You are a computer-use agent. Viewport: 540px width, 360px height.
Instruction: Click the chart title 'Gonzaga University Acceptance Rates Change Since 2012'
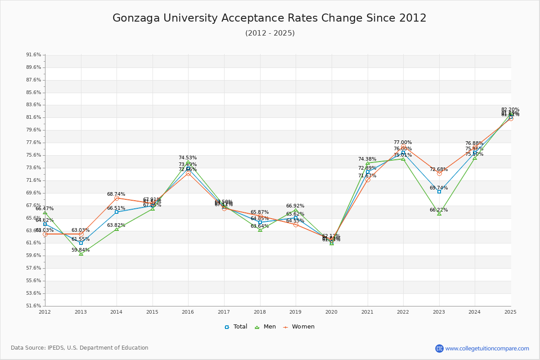click(269, 18)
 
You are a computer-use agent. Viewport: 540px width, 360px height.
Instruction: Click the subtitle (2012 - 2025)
click(270, 33)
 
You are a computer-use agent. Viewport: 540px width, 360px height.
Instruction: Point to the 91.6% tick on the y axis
click(34, 55)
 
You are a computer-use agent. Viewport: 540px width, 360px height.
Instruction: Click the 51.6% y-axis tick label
click(34, 306)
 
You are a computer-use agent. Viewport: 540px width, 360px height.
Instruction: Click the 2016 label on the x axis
click(188, 312)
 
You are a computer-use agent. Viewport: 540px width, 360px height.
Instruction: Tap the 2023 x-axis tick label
click(439, 312)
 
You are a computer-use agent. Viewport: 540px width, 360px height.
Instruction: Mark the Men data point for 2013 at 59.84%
click(81, 254)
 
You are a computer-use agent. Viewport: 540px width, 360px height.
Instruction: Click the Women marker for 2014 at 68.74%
click(117, 198)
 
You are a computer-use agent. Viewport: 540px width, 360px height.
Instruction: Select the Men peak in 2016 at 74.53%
click(188, 162)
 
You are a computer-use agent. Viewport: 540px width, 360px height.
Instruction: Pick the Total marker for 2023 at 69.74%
click(439, 192)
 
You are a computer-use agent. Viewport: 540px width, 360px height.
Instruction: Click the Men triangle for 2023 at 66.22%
click(439, 214)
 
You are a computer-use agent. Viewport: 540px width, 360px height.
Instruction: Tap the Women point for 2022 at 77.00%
click(403, 147)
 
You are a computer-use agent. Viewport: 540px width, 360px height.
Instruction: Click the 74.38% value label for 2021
click(367, 159)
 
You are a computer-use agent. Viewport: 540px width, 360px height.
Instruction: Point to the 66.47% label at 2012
click(45, 209)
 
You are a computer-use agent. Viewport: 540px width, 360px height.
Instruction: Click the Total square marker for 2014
click(117, 212)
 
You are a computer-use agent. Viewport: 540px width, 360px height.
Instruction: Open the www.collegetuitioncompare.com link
click(487, 348)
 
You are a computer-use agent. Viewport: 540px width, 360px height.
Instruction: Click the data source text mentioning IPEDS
click(80, 348)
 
